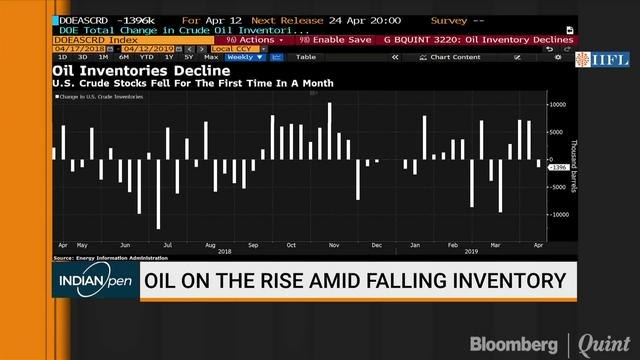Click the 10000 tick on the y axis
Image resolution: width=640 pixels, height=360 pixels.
pyautogui.click(x=558, y=104)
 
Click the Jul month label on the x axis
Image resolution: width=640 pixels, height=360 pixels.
pyautogui.click(x=167, y=244)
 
